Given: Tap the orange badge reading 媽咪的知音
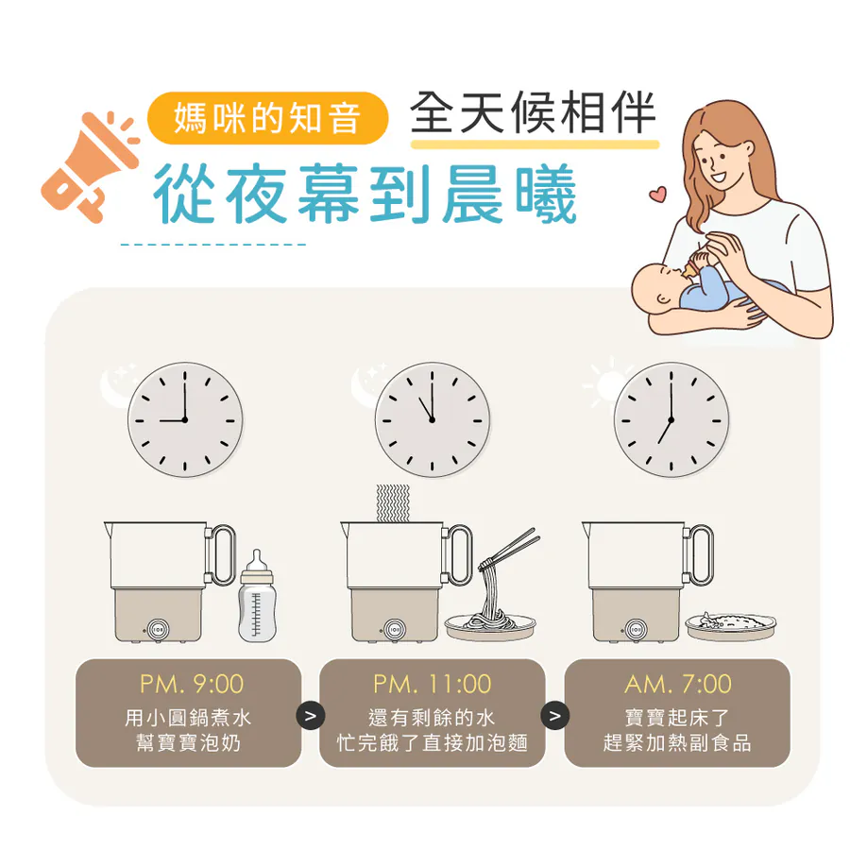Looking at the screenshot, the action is tap(268, 118).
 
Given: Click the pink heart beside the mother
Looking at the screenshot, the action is tap(657, 194).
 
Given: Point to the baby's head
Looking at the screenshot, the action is tap(659, 285).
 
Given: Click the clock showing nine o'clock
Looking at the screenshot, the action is tap(185, 420).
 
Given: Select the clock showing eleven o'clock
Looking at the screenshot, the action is tap(432, 420).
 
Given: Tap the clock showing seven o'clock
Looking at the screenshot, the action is tap(671, 420).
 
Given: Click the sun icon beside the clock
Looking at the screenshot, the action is tap(607, 383).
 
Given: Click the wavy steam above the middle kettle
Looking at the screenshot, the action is tap(393, 503).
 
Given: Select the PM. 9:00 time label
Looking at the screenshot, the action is tap(192, 684).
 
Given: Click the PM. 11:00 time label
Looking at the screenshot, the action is tap(432, 684).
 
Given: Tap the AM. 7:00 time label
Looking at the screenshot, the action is tap(677, 684).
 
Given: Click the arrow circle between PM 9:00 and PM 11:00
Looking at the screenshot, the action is tap(311, 716).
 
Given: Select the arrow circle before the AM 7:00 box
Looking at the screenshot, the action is tap(555, 716).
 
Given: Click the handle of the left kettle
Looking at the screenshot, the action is tap(221, 554).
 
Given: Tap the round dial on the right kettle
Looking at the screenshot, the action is tap(636, 630).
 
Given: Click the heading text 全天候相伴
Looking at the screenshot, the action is tap(534, 112).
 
